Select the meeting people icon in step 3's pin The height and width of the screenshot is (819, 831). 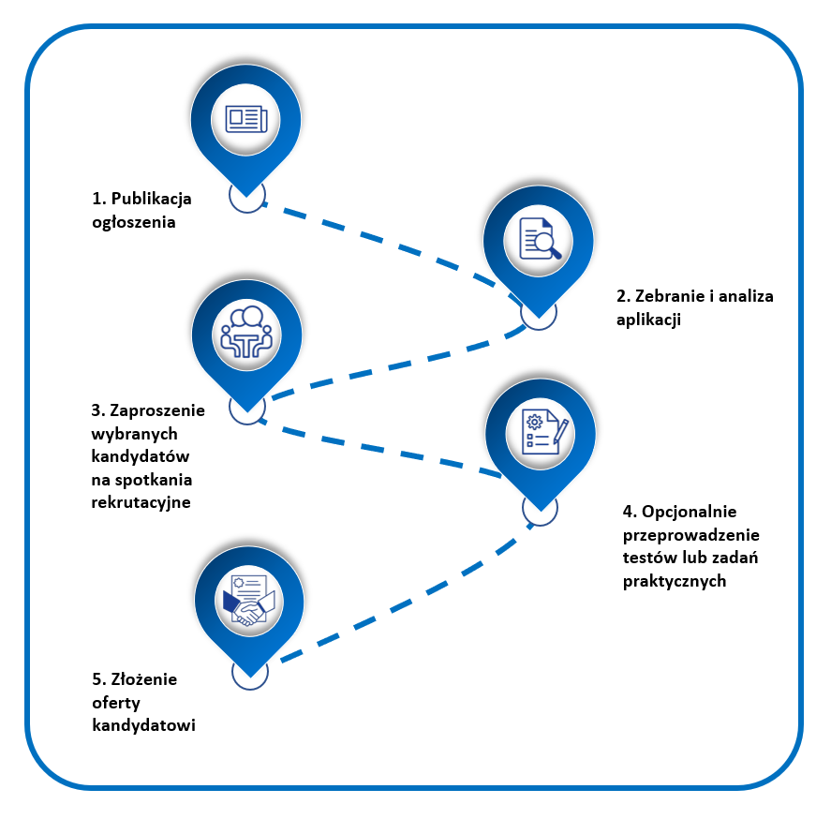coord(246,334)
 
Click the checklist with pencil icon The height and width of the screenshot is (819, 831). coord(542,432)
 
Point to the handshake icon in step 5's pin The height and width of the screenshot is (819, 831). coord(247,599)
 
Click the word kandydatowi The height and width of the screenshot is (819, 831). coord(143,725)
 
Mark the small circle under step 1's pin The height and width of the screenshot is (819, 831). coord(247,196)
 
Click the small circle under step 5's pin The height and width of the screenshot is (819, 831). coord(250,671)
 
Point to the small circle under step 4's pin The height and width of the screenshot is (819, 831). coord(540,507)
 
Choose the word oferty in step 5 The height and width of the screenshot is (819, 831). coord(116,703)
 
